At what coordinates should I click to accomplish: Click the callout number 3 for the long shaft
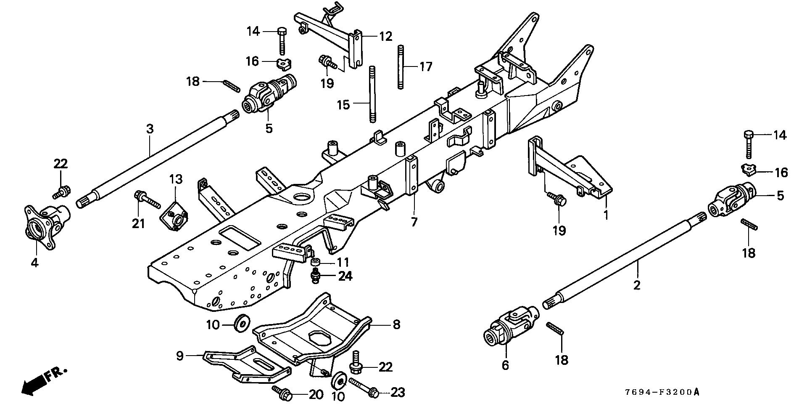[150, 129]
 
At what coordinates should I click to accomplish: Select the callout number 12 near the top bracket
[385, 37]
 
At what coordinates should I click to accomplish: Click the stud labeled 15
[372, 94]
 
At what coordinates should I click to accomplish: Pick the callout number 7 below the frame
[414, 222]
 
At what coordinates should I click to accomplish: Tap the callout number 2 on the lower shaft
[637, 285]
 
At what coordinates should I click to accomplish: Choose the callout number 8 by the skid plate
[396, 324]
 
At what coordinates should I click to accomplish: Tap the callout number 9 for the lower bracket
[180, 356]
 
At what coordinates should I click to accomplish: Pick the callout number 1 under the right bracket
[606, 215]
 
